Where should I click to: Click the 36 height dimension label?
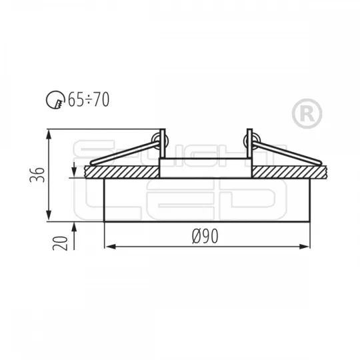tap(37, 175)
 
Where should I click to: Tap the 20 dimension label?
tap(61, 243)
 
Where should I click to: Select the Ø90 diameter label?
tap(205, 236)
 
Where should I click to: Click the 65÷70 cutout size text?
tap(89, 99)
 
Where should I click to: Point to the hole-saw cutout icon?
tap(55, 100)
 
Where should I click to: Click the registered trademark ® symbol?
tap(307, 113)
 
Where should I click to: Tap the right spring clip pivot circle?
tap(252, 140)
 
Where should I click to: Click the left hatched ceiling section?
tap(122, 172)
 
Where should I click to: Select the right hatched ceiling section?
tap(289, 172)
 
